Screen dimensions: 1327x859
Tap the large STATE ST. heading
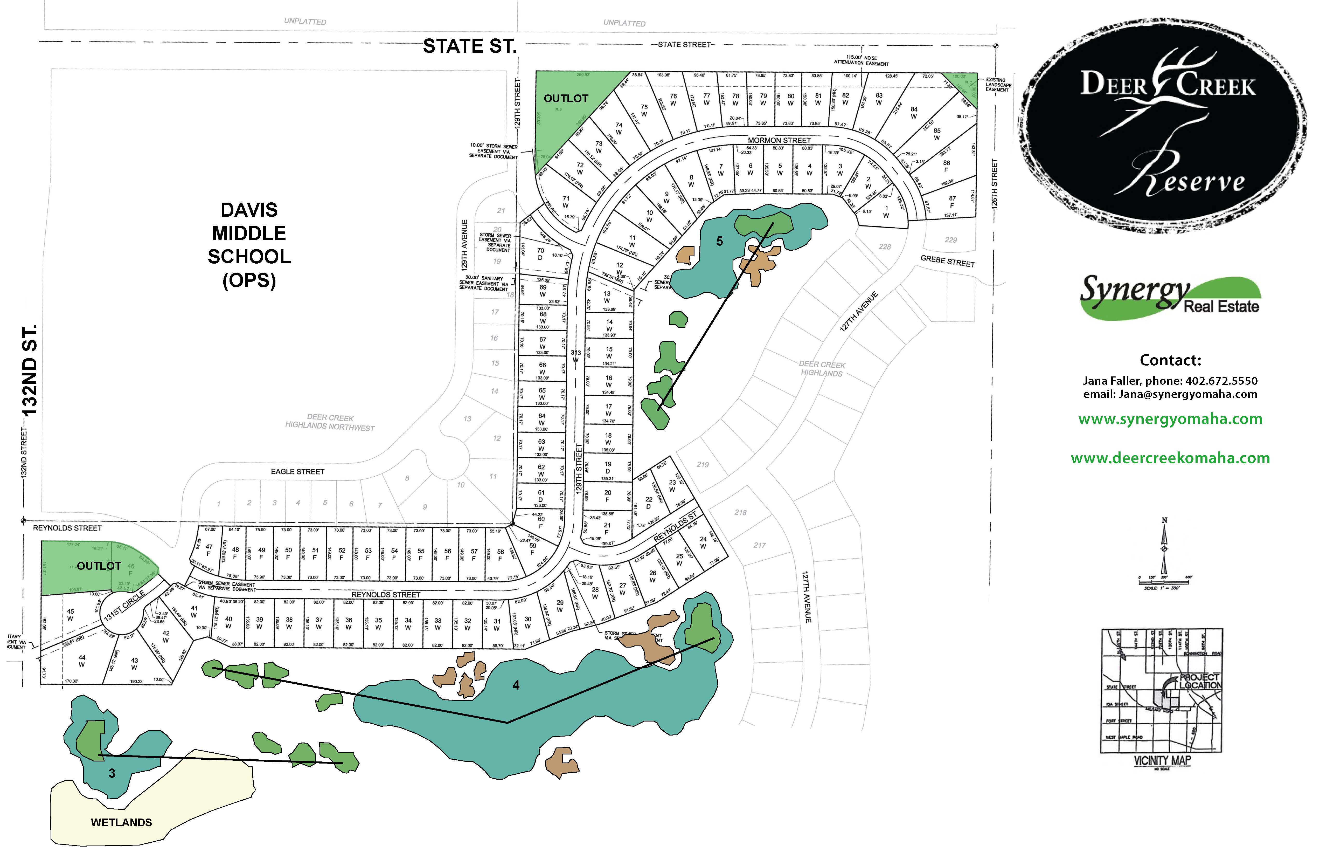pyautogui.click(x=469, y=46)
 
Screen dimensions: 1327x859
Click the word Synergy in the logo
pyautogui.click(x=1135, y=291)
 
